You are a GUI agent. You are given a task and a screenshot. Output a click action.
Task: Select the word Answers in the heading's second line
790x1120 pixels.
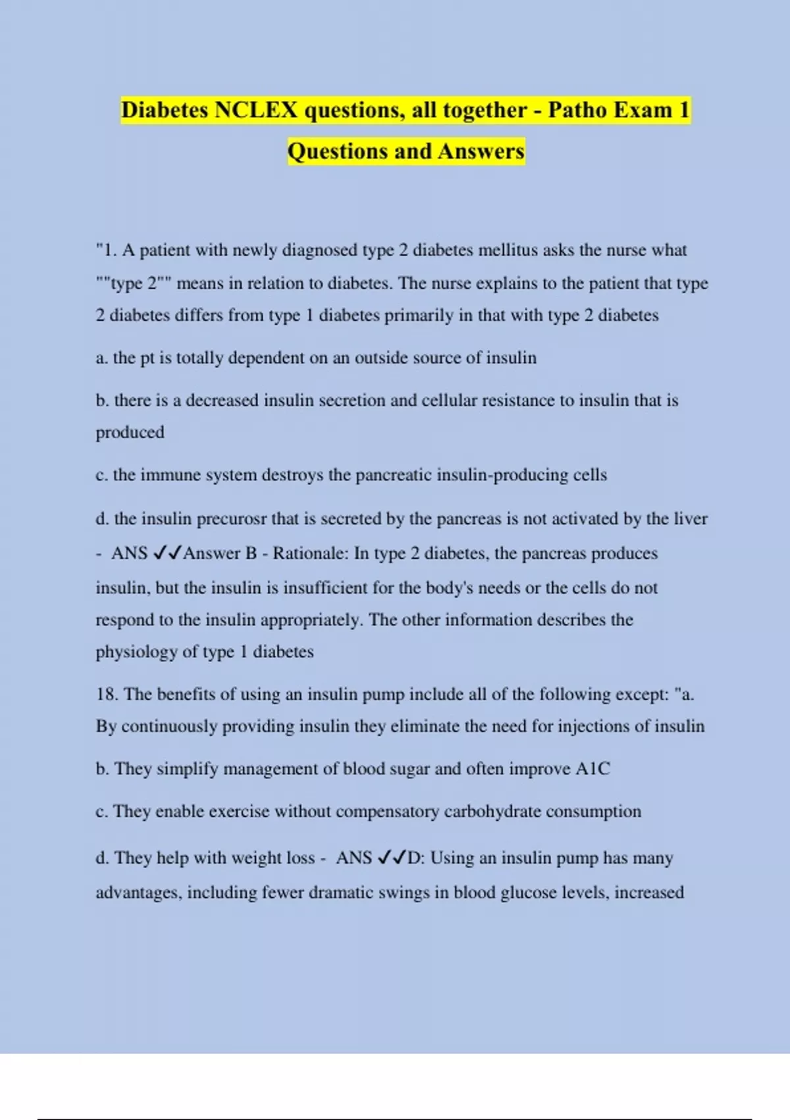(x=481, y=152)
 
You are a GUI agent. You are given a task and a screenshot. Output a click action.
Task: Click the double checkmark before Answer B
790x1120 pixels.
(x=167, y=553)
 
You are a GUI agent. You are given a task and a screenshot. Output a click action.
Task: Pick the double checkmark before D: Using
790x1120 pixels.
(x=392, y=858)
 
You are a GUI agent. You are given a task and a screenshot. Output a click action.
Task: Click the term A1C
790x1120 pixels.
(x=592, y=769)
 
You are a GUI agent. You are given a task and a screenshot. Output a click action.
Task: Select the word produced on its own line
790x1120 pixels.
(x=130, y=433)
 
